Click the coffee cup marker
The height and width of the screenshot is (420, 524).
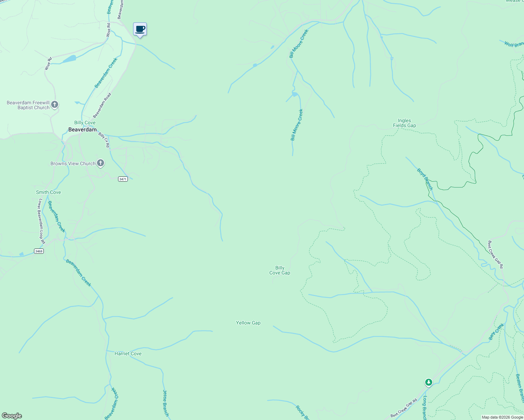pos(140,29)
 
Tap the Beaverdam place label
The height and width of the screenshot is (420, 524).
pos(82,129)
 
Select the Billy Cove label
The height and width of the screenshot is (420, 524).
pos(85,122)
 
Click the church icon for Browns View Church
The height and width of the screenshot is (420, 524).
pos(101,163)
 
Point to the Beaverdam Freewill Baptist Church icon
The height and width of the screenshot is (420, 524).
pos(55,104)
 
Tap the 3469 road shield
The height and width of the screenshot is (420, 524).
pos(39,251)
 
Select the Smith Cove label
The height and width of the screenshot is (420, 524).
pos(48,192)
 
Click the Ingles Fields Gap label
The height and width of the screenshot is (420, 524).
pos(404,123)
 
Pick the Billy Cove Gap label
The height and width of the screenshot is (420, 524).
pos(280,270)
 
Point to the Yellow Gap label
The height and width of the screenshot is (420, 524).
pos(248,323)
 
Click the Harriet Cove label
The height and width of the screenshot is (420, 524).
pos(128,353)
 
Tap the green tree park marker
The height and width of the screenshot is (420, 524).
pos(428,382)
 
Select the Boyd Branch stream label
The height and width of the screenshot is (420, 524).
pos(425,179)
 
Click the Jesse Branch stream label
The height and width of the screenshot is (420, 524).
pos(166,403)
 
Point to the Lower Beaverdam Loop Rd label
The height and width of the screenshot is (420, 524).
pos(42,221)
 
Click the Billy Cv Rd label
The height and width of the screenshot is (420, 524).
pos(104,140)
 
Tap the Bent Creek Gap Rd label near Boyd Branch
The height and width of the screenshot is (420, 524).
pos(496,254)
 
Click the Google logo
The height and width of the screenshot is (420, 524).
pos(12,416)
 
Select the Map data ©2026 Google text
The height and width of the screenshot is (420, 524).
pos(502,417)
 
